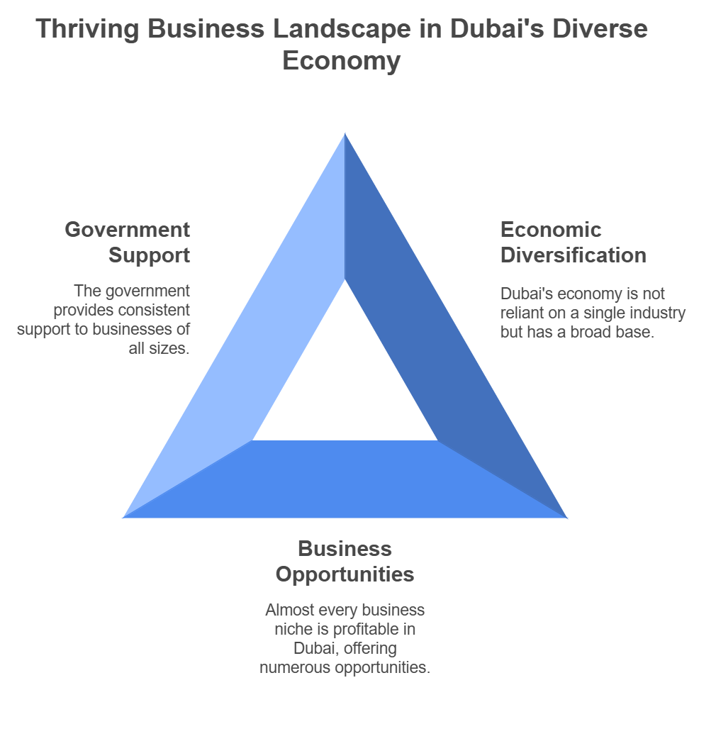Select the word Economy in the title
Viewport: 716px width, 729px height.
[341, 61]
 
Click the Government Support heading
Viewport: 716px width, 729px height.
[128, 242]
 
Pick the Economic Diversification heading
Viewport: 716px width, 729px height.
[573, 242]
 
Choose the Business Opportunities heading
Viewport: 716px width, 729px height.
[345, 561]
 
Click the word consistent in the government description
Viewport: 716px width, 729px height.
[155, 311]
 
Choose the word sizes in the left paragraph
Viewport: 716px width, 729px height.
[172, 349]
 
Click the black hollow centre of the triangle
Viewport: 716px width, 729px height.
[345, 383]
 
